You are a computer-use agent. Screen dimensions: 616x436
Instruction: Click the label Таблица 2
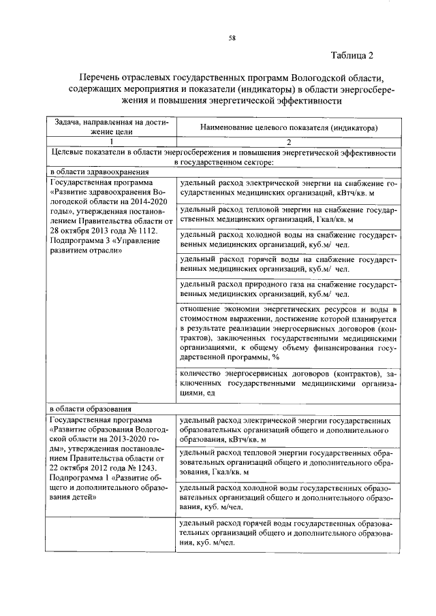click(x=353, y=54)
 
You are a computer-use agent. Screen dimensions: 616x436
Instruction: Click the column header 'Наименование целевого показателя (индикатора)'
click(x=289, y=127)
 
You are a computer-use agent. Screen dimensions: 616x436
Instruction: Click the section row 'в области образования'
click(x=89, y=409)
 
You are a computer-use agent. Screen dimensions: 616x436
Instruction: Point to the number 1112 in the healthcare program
click(x=148, y=231)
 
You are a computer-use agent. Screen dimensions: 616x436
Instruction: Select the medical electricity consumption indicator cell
click(x=288, y=189)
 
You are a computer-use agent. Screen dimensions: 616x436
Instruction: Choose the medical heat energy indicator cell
click(x=288, y=216)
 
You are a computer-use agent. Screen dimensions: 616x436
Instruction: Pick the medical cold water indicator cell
click(x=288, y=240)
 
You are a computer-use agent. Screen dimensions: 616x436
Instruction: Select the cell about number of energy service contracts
click(x=288, y=384)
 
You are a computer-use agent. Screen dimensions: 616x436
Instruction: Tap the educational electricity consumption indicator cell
click(x=288, y=431)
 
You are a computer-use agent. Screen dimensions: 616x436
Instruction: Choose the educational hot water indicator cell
click(x=288, y=534)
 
